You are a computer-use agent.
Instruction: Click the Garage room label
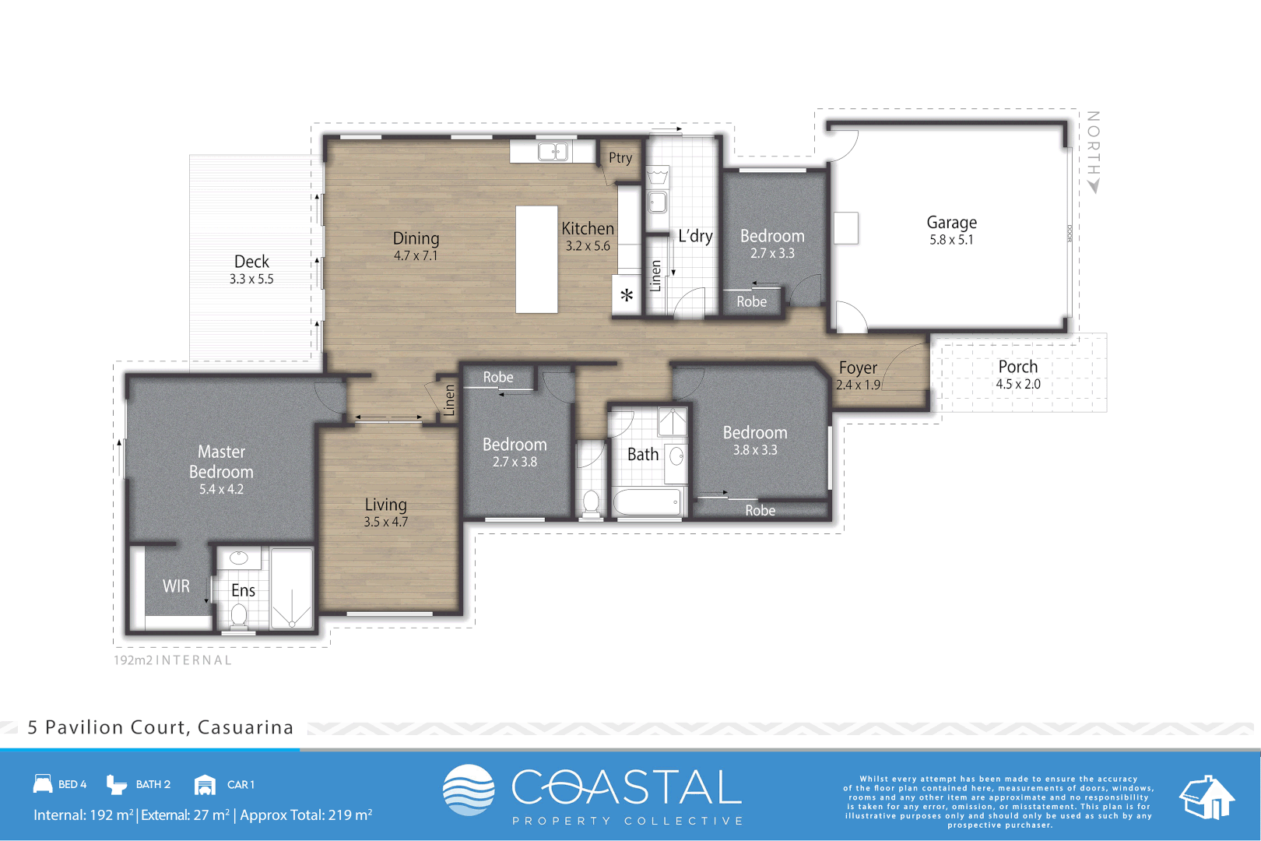[951, 223]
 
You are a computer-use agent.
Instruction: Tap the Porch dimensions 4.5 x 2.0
[1017, 384]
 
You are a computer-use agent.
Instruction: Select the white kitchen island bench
[536, 259]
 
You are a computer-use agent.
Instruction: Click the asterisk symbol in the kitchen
[627, 296]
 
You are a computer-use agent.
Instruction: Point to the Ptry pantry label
[620, 158]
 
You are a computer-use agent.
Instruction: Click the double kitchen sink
[553, 151]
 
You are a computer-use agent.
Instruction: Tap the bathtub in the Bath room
[647, 502]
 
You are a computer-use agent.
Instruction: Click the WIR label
[176, 586]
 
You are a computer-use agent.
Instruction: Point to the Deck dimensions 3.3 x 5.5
[251, 279]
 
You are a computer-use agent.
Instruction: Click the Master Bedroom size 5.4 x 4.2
[221, 489]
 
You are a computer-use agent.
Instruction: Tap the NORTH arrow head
[1094, 186]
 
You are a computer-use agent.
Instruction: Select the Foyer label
[858, 368]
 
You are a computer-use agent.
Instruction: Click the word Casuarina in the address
[245, 727]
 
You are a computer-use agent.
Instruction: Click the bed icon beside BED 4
[43, 783]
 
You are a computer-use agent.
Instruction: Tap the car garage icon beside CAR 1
[205, 784]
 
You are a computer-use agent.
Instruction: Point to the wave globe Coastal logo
[469, 790]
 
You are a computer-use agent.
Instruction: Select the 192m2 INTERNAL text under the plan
[173, 660]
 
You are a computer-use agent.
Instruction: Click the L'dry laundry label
[695, 236]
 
